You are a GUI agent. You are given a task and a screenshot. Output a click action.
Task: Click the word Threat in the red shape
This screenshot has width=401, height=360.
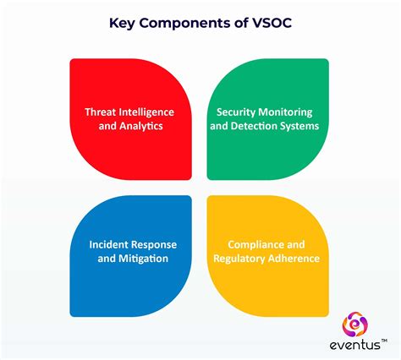point(102,112)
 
